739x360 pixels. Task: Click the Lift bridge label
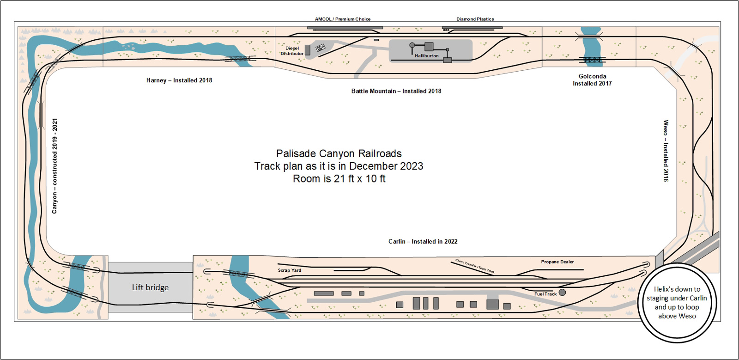point(150,287)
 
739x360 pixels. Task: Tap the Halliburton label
point(426,56)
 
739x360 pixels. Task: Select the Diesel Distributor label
point(292,51)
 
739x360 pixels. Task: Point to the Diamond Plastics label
point(475,19)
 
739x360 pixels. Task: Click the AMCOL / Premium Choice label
point(342,19)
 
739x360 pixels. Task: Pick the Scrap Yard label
point(290,270)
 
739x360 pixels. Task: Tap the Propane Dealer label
point(557,262)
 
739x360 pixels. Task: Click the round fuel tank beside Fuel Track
point(562,293)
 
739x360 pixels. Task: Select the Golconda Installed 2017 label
point(592,80)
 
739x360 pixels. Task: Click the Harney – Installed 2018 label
point(179,80)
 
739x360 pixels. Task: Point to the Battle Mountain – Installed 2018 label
point(396,91)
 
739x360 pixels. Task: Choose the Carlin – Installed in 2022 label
point(423,241)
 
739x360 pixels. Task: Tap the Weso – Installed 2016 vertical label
point(666,151)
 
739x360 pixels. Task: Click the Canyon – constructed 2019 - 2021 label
point(55,166)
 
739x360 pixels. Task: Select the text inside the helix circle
point(677,303)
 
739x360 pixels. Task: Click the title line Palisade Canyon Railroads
point(339,153)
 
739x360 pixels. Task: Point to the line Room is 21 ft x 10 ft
point(339,179)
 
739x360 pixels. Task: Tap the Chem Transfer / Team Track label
point(475,266)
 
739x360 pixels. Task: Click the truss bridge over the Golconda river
point(592,60)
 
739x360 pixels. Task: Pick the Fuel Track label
point(545,294)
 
